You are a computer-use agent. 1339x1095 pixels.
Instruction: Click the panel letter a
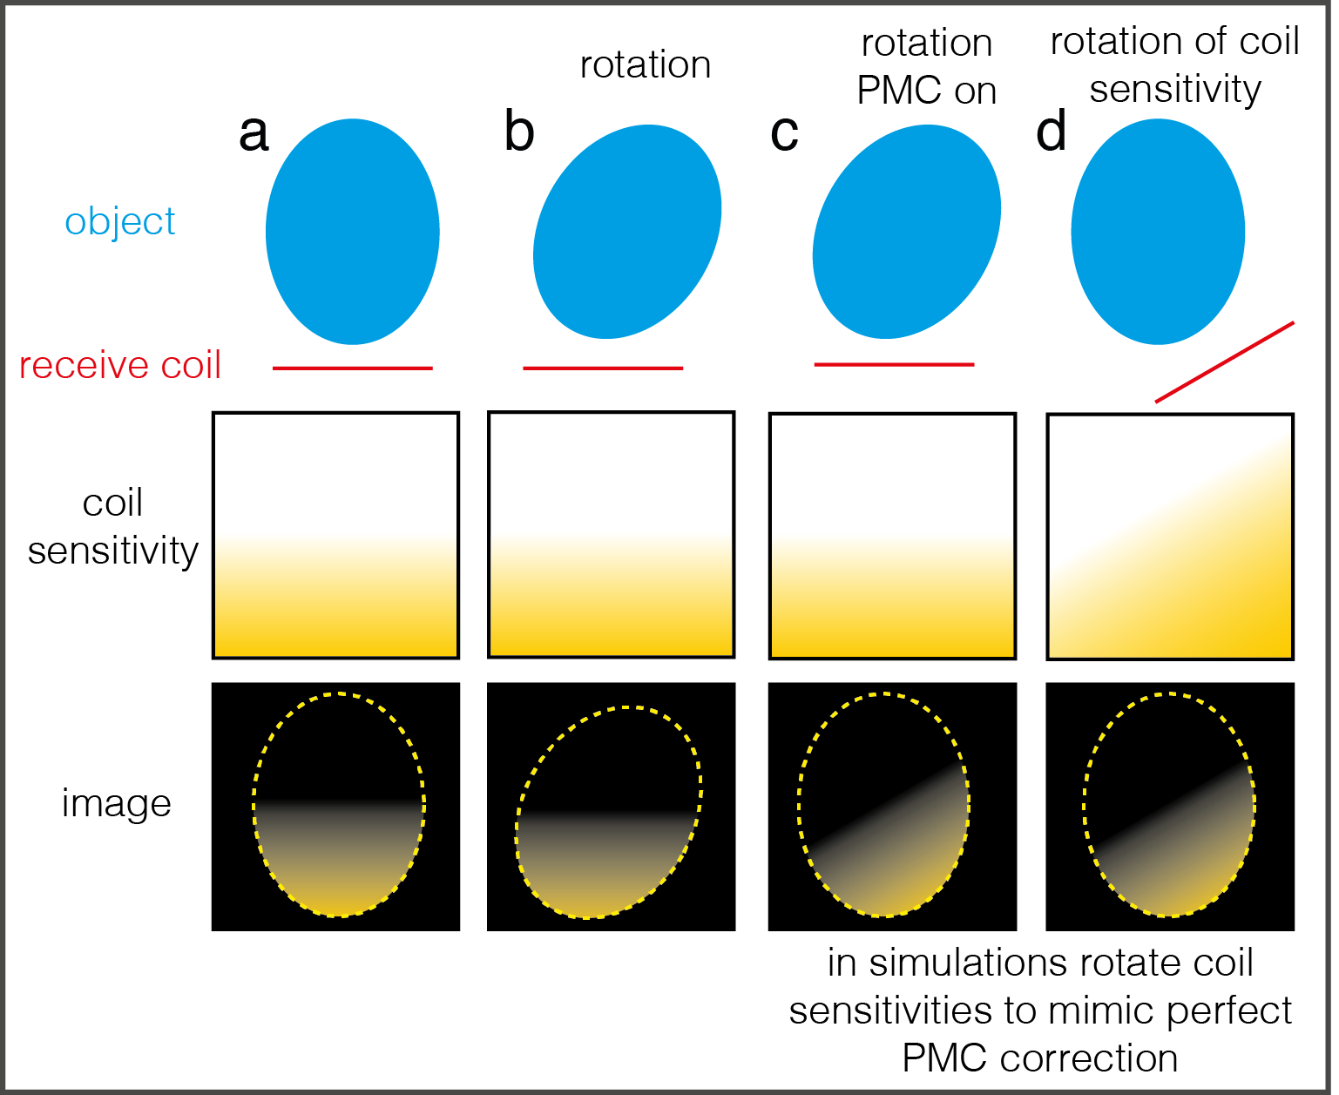coord(254,134)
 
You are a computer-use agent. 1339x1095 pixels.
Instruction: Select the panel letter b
coord(519,132)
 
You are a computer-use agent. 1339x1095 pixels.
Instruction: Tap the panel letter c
coord(784,134)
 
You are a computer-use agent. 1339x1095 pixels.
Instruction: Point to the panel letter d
coord(1052,132)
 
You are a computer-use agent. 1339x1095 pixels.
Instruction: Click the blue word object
coord(120,221)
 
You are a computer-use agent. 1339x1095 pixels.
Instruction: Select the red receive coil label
coord(120,365)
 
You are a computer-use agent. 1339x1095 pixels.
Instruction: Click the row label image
coord(116,804)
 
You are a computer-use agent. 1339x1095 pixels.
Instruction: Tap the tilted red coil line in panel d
coord(1224,362)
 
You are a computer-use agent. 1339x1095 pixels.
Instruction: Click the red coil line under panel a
coord(352,368)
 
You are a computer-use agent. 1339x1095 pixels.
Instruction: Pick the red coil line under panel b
coord(603,368)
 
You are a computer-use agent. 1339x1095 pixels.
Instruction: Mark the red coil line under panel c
coord(894,364)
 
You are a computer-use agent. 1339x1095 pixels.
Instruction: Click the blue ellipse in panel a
coord(352,232)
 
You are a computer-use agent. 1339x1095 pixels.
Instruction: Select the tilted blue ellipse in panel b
coord(627,232)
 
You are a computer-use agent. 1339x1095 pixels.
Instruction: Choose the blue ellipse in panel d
coord(1158,232)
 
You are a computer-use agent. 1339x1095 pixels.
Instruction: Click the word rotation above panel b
coord(646,65)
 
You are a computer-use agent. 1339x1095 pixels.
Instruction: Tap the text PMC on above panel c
coord(927,91)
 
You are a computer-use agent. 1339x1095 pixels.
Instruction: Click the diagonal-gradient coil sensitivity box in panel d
coord(1169,537)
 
